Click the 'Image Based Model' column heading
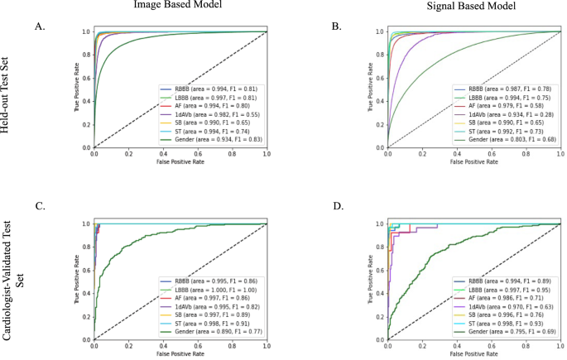(175, 6)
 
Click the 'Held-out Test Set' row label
(10, 88)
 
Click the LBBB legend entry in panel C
(212, 288)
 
